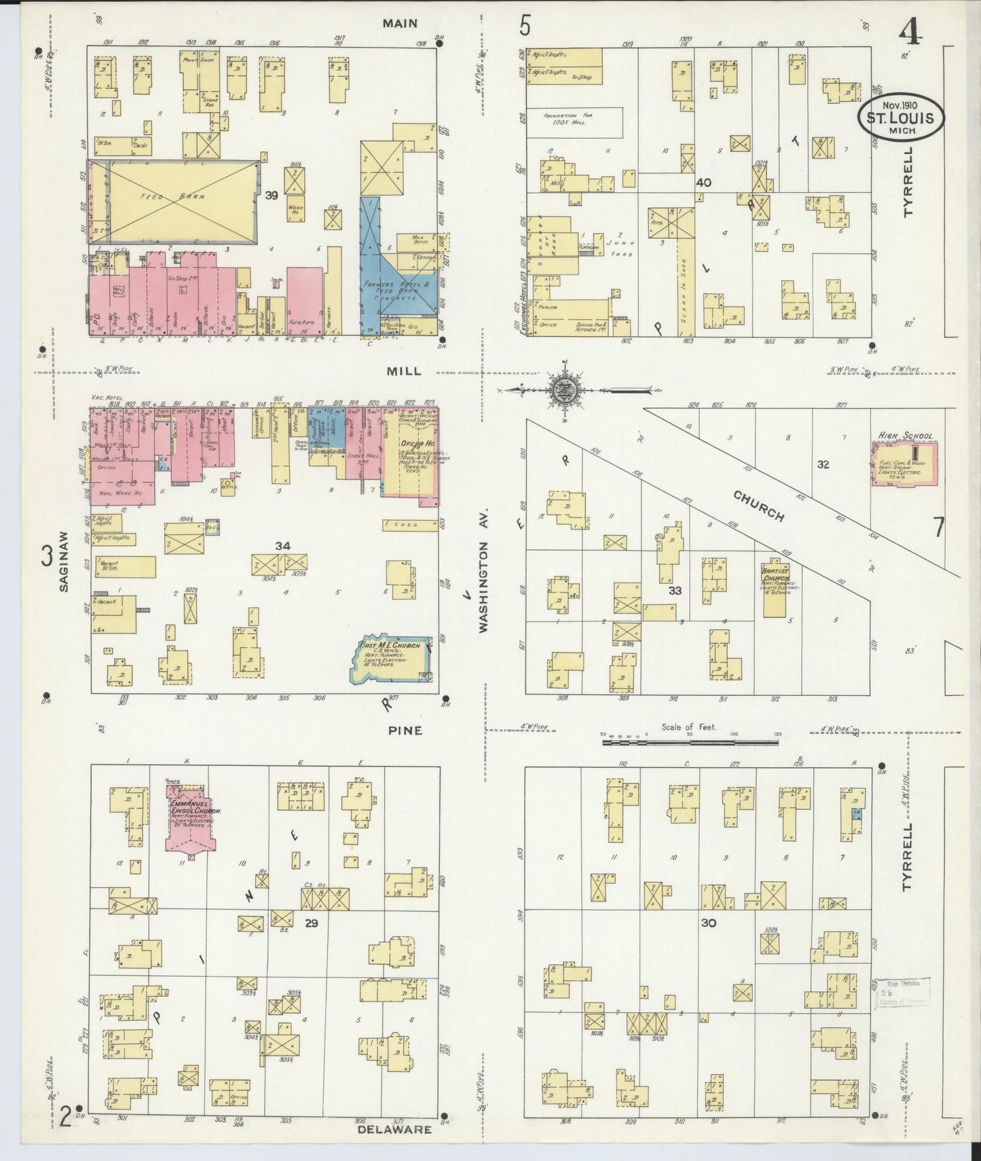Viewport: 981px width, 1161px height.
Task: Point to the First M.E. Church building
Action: click(x=392, y=658)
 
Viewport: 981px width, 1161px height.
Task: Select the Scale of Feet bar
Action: click(x=691, y=743)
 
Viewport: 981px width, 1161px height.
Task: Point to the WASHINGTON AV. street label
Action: click(x=483, y=586)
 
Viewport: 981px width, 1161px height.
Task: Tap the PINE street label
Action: click(x=405, y=731)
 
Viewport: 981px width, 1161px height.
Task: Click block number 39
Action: click(x=272, y=195)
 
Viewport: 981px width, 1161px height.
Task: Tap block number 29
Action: click(x=312, y=923)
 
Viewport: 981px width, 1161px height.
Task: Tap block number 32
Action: click(x=823, y=464)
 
